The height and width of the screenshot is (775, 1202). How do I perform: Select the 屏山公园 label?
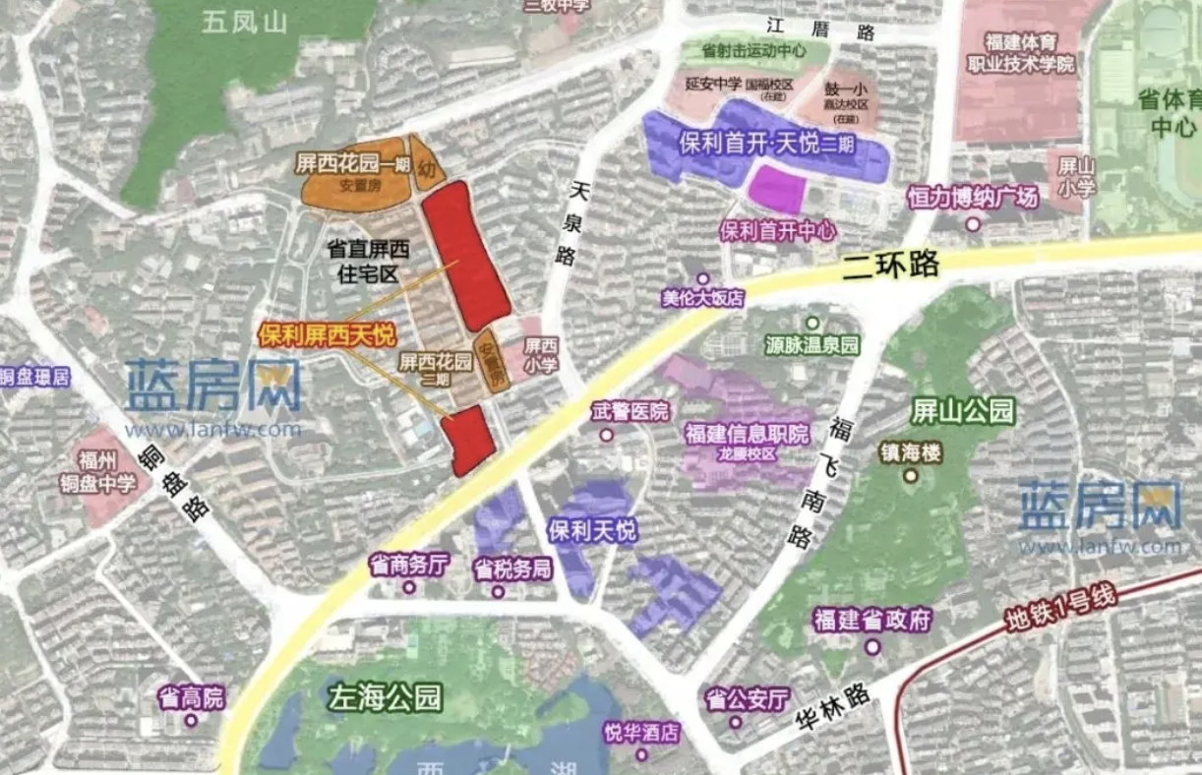pyautogui.click(x=949, y=411)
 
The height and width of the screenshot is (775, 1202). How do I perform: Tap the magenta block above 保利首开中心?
pyautogui.click(x=777, y=189)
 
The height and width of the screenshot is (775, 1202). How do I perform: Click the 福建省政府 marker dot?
pyautogui.click(x=872, y=646)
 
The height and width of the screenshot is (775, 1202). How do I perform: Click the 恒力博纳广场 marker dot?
pyautogui.click(x=973, y=224)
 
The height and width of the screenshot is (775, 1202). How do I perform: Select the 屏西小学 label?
pyautogui.click(x=540, y=356)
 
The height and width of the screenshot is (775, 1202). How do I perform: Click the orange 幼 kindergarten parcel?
pyautogui.click(x=427, y=169)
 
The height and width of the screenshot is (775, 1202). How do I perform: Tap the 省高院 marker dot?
pyautogui.click(x=191, y=720)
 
